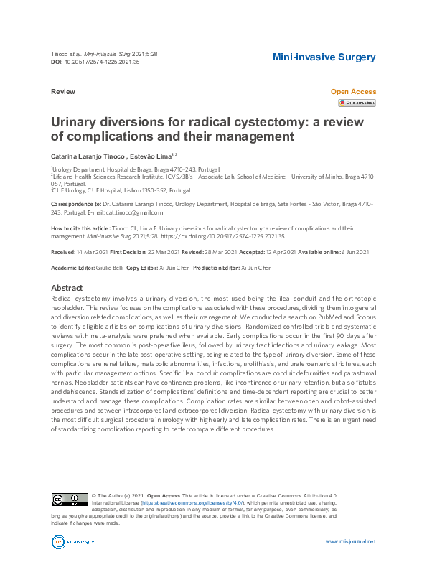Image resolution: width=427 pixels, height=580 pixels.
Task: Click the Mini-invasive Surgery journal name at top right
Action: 324,57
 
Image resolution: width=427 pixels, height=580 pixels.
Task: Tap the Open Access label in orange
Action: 352,92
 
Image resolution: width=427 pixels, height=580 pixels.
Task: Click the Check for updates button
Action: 357,103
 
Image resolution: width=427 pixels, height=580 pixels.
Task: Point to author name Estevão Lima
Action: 151,155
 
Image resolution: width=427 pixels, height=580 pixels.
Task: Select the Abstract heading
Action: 67,288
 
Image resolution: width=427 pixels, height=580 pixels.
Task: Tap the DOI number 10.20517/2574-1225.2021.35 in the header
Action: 102,62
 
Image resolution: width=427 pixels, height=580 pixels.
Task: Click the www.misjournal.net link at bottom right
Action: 350,541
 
